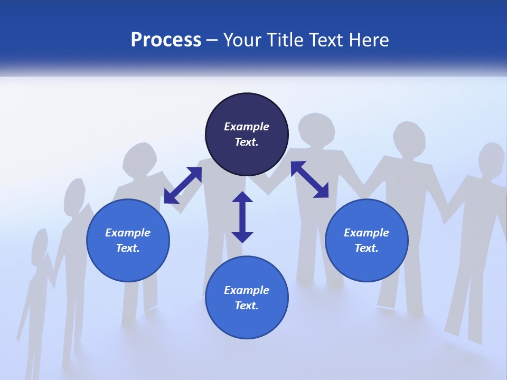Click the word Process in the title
click(x=166, y=40)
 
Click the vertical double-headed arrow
click(x=242, y=217)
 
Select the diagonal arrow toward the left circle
click(x=183, y=185)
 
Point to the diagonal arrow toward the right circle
click(x=309, y=179)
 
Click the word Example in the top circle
click(x=247, y=127)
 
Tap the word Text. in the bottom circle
click(x=247, y=306)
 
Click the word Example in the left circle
click(x=128, y=233)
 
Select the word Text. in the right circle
click(x=367, y=248)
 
